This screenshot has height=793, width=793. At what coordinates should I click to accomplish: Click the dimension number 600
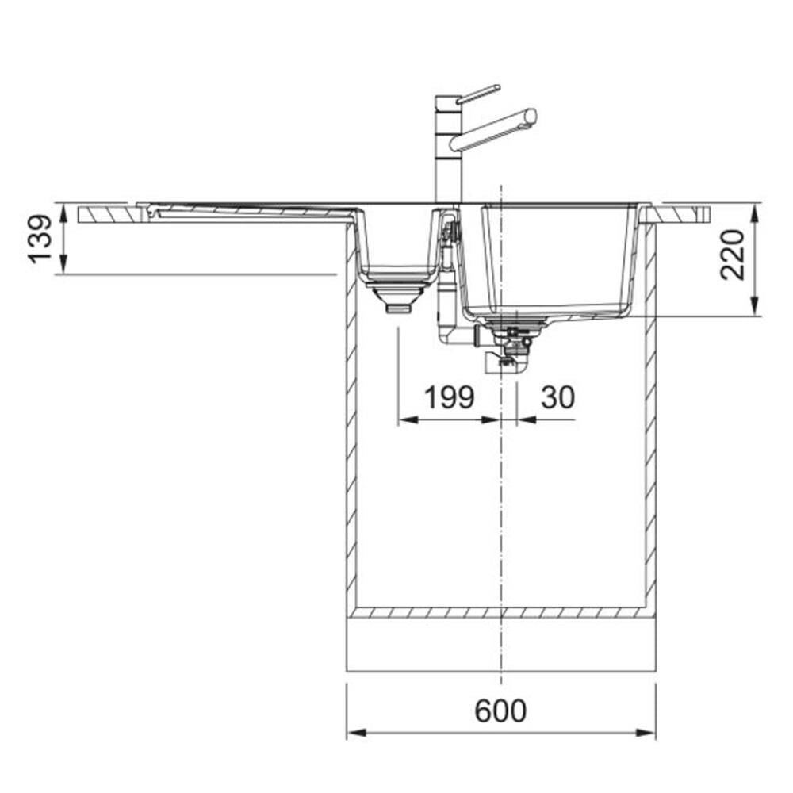(500, 711)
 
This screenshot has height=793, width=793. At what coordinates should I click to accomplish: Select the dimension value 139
(40, 239)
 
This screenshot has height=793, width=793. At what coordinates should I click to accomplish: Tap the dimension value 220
(732, 255)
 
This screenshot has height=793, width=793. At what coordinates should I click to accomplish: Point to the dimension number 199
(449, 397)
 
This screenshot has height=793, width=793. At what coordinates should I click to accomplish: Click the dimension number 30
(557, 397)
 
